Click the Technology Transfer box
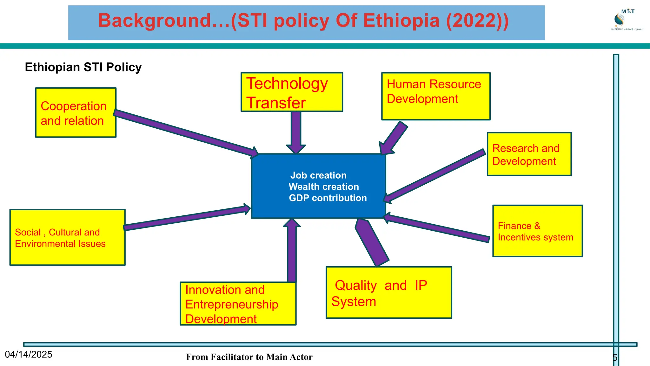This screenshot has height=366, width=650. click(x=292, y=92)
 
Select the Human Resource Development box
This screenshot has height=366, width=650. click(x=436, y=96)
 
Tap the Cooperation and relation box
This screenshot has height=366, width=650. click(x=76, y=113)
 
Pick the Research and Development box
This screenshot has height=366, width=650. click(x=529, y=154)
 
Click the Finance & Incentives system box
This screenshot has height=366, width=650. click(x=537, y=231)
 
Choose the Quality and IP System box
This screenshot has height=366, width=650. click(x=389, y=293)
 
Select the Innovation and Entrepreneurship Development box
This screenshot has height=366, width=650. click(x=238, y=304)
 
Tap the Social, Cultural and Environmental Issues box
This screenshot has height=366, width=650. click(x=67, y=237)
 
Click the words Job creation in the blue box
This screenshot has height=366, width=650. click(x=318, y=175)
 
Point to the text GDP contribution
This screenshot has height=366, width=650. click(x=328, y=198)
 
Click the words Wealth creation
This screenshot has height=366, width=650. click(x=323, y=187)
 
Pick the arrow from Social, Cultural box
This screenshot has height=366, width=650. click(x=187, y=218)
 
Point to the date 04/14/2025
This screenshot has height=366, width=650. click(x=29, y=355)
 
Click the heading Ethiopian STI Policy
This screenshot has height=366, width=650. click(x=83, y=67)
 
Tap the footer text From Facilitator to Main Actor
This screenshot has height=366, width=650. click(x=249, y=357)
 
